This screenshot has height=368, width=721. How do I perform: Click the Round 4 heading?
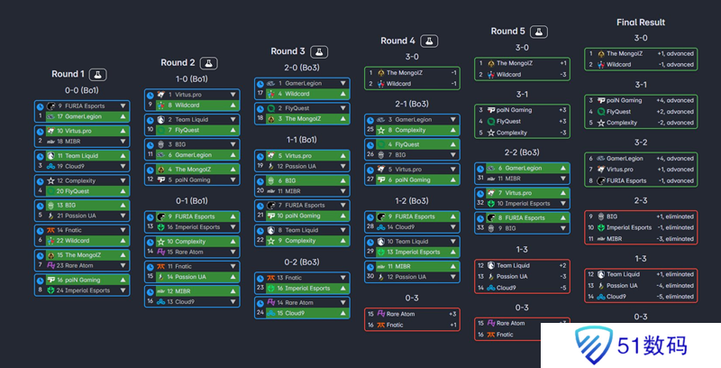[398, 41]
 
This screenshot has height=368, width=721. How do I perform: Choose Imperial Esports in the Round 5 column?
[523, 204]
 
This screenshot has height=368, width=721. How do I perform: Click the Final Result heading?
[641, 22]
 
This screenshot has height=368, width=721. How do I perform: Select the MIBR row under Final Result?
[635, 238]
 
